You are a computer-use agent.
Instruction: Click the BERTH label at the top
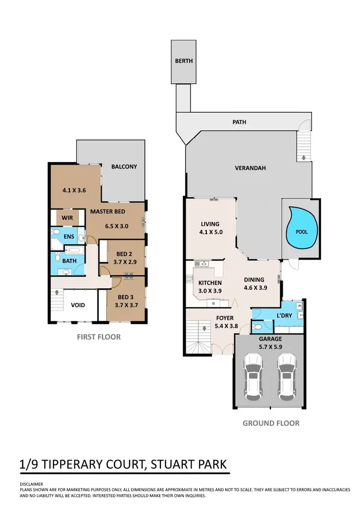click(x=184, y=61)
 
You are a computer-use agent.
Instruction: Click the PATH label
click(x=239, y=122)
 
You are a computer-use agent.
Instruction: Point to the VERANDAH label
click(x=250, y=168)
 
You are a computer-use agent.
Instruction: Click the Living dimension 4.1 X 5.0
click(x=210, y=232)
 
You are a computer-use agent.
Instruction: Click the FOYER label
click(x=225, y=318)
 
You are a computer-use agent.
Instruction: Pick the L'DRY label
click(x=284, y=315)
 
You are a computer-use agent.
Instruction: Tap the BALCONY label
click(x=124, y=166)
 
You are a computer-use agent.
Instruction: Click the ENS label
click(x=70, y=236)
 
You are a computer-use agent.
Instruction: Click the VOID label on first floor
click(x=78, y=305)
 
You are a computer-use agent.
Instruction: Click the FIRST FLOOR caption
click(x=99, y=337)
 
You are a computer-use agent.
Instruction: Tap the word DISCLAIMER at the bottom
click(x=32, y=484)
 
